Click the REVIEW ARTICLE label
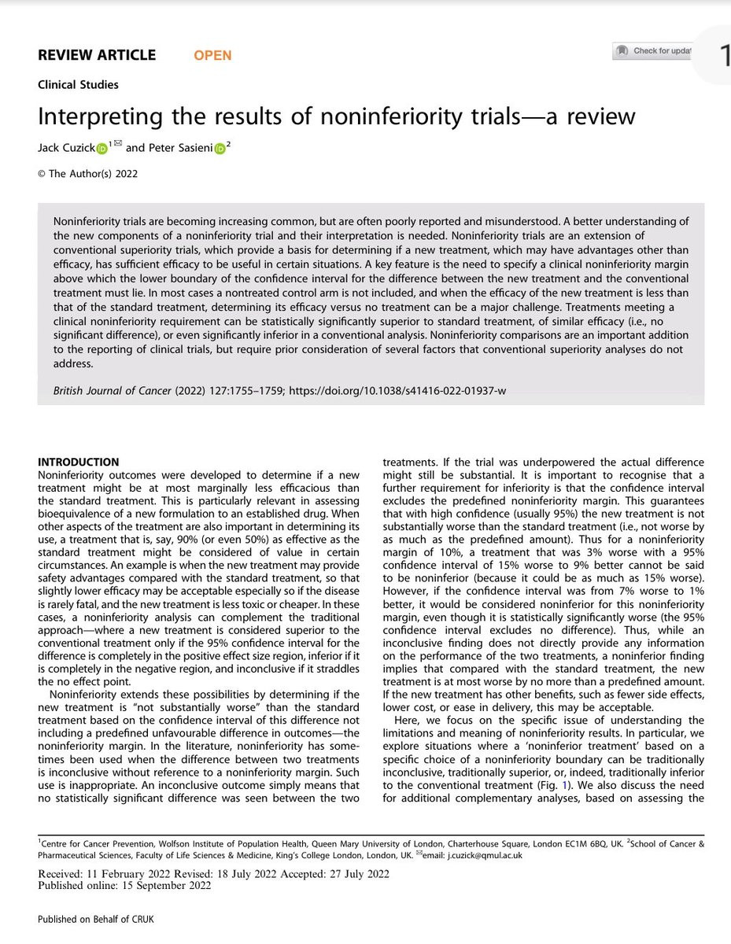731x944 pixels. coord(97,55)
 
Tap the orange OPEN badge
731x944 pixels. coord(212,55)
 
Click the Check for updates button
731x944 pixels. coord(653,51)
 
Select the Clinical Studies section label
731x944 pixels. coord(78,84)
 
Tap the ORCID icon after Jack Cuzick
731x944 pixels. coord(102,149)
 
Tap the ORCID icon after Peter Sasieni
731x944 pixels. coord(220,149)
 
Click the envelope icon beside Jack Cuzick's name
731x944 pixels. coord(118,143)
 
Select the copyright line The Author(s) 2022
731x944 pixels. coord(87,174)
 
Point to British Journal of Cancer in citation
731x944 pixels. coord(115,390)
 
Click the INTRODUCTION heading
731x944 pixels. coord(79,462)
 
